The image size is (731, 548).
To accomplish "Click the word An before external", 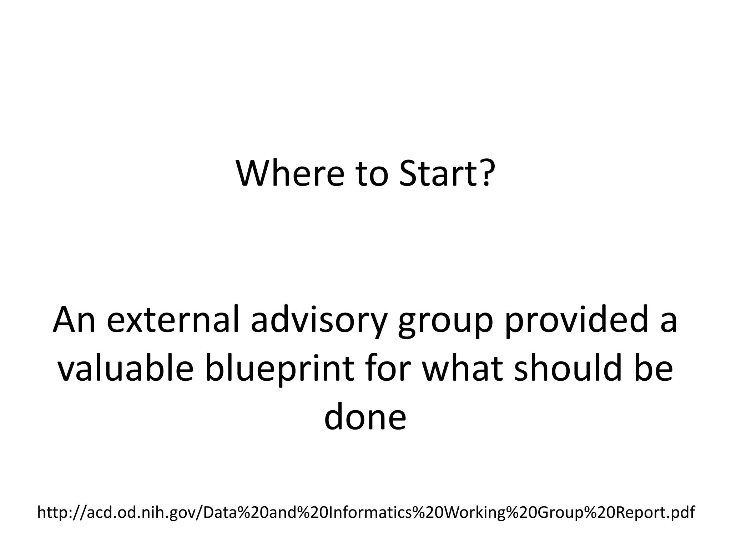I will pos(74,320).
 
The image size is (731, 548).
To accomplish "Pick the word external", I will pos(173,320).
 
